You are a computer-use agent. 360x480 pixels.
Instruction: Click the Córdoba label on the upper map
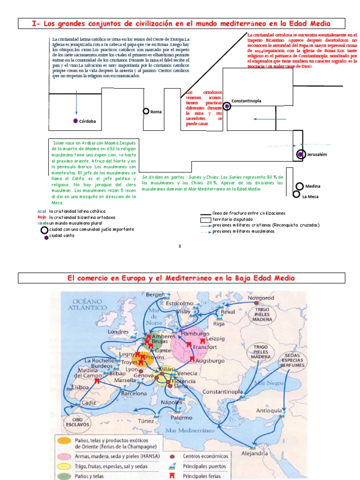(x=87, y=121)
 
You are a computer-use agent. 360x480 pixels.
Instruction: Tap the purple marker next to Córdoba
(x=75, y=121)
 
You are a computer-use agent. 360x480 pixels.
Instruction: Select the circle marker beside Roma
(x=146, y=112)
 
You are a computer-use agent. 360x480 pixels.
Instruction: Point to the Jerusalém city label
(x=317, y=154)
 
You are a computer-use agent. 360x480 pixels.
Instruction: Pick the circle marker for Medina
(x=300, y=186)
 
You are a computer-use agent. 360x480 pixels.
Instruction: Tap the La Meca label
(x=310, y=196)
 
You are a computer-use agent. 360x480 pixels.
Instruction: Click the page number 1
(x=180, y=246)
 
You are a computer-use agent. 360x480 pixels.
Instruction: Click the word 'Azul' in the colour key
(x=42, y=211)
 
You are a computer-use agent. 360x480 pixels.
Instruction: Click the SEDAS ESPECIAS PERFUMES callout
(x=292, y=360)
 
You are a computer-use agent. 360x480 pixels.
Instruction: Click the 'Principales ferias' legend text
(x=204, y=476)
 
